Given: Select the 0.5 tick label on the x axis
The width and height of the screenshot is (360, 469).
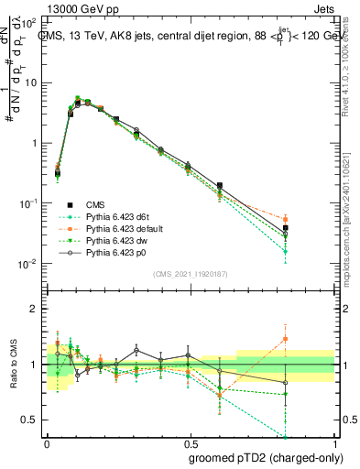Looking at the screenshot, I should click(x=190, y=442).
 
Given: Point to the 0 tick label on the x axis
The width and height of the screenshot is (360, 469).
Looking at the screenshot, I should click(x=46, y=442).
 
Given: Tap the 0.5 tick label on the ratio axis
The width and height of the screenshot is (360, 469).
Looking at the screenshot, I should click(x=30, y=420).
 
